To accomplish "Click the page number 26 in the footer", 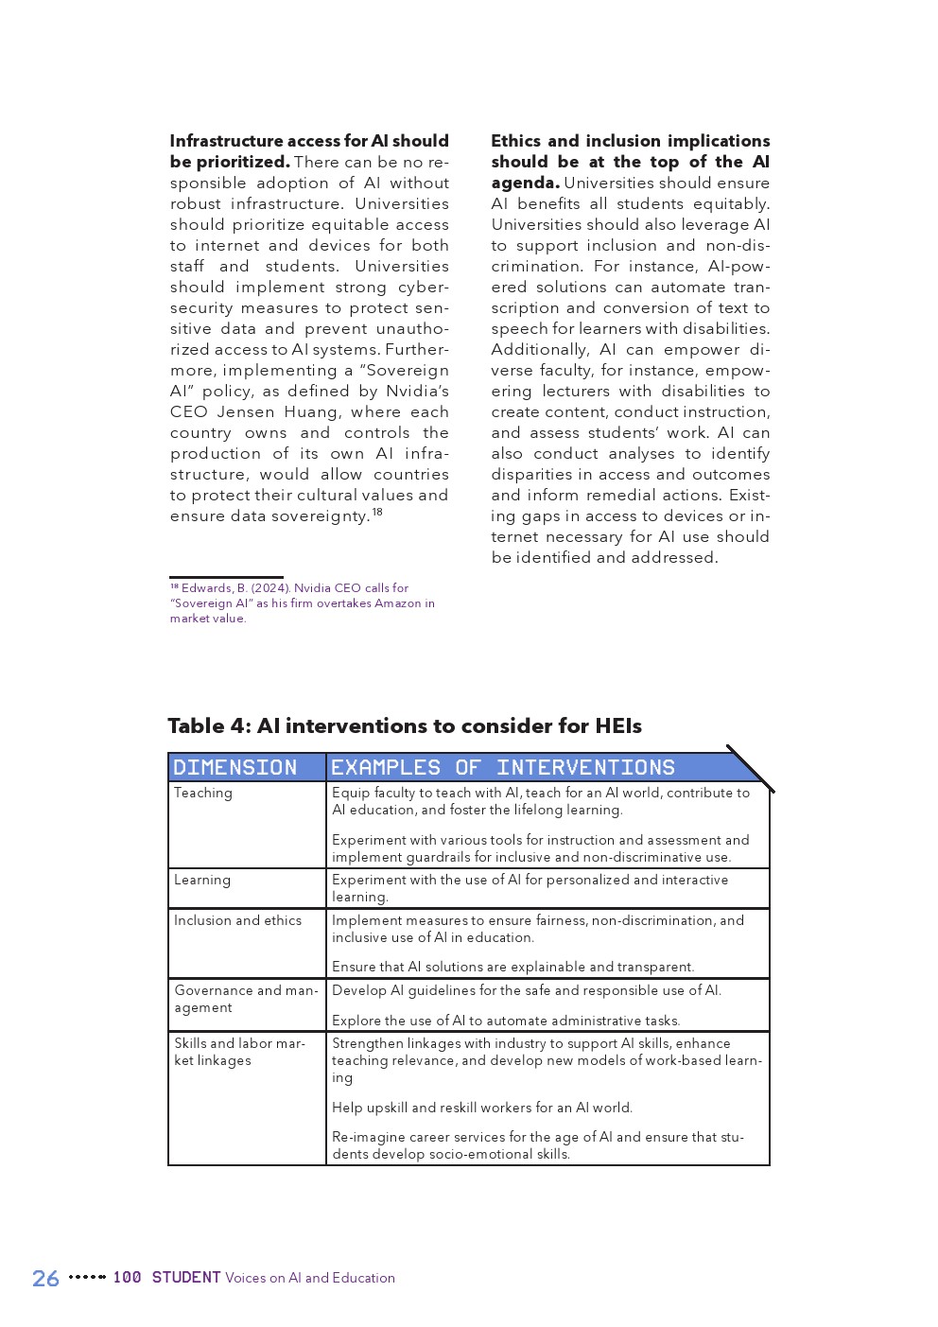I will pyautogui.click(x=45, y=1278).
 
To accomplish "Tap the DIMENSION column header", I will pyautogui.click(x=235, y=767).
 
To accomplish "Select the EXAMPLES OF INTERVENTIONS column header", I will pyautogui.click(x=502, y=767).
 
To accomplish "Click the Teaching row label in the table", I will pyautogui.click(x=202, y=793).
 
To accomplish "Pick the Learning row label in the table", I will pyautogui.click(x=202, y=880).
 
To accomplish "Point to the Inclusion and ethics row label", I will pyautogui.click(x=237, y=920).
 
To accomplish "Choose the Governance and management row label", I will pyautogui.click(x=245, y=999).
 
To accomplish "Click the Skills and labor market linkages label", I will pyautogui.click(x=239, y=1052).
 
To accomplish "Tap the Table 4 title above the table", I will pyautogui.click(x=404, y=725).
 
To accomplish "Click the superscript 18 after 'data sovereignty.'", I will pyautogui.click(x=377, y=512).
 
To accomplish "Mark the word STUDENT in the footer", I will pyautogui.click(x=186, y=1278).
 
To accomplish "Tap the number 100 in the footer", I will pyautogui.click(x=127, y=1278).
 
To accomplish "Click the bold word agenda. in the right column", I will pyautogui.click(x=525, y=183).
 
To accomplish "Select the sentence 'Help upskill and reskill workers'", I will pyautogui.click(x=481, y=1108).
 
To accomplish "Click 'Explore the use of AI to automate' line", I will pyautogui.click(x=505, y=1021).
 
